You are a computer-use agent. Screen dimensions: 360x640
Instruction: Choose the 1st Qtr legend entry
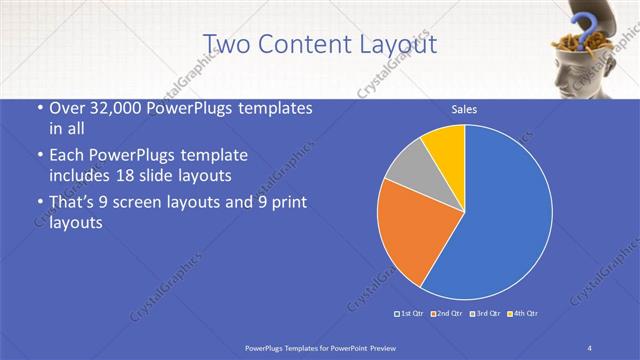point(410,314)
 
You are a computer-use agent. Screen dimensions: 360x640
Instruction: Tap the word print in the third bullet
point(286,203)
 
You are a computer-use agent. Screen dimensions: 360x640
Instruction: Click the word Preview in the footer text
point(380,347)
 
